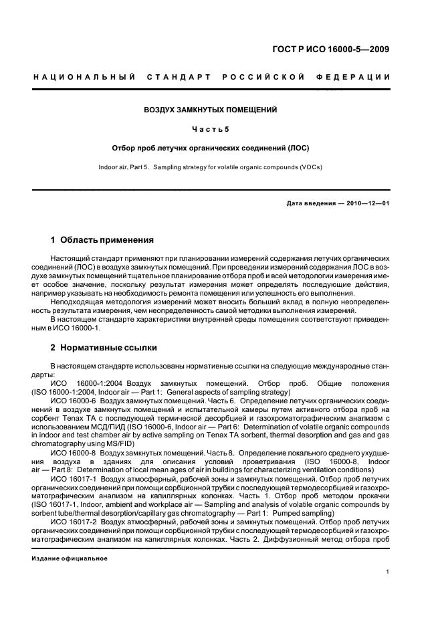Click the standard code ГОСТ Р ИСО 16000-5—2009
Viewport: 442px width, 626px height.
340,49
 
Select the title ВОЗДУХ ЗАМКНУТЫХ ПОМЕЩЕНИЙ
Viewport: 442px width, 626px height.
211,109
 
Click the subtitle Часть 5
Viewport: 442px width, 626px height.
211,128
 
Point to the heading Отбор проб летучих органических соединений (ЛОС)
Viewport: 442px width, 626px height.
211,147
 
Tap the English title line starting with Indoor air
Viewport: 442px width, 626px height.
211,167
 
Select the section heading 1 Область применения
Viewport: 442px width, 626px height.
102,239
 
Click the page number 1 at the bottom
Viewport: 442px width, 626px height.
388,572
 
